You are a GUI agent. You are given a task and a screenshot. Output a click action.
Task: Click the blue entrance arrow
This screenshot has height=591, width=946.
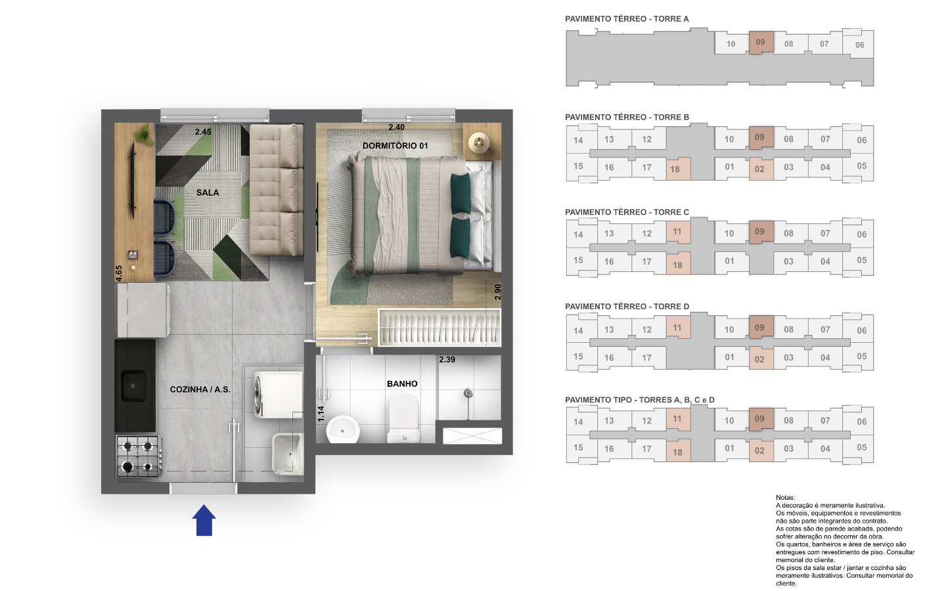(x=204, y=520)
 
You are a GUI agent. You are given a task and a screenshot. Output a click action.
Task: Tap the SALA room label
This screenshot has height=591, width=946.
(x=208, y=192)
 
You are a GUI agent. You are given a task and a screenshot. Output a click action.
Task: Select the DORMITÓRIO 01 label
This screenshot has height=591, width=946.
(x=395, y=146)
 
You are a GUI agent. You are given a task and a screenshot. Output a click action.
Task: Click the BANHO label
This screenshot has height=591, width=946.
(x=402, y=383)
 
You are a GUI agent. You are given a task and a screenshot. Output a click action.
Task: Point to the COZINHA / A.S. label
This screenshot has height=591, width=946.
(x=200, y=389)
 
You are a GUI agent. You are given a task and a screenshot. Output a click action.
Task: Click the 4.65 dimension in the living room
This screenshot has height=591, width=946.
(x=119, y=274)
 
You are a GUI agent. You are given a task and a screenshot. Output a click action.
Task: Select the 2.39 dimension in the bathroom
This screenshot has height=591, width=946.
(x=447, y=360)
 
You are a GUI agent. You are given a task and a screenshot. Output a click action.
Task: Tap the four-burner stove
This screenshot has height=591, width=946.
(x=138, y=456)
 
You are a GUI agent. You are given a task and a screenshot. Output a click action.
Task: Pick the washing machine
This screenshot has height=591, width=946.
(x=279, y=395)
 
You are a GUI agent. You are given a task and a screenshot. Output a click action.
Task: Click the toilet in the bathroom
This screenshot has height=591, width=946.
(x=404, y=418)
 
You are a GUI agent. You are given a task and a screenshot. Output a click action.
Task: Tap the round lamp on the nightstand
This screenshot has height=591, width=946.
(x=480, y=142)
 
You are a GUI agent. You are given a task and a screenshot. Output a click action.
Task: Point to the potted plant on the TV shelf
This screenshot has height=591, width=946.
(x=145, y=134)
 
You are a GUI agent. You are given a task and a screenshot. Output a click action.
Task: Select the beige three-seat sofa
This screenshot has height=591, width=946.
(x=277, y=190)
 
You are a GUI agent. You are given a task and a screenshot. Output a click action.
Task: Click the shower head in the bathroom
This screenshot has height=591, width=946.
(x=468, y=393)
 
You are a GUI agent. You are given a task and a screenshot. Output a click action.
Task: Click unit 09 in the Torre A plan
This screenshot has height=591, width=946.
(x=761, y=42)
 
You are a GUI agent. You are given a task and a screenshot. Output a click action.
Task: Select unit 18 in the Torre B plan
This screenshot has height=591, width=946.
(x=678, y=169)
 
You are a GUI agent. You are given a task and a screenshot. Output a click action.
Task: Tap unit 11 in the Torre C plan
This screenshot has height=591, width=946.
(x=678, y=232)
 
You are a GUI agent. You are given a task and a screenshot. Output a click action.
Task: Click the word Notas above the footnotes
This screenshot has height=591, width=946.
(x=785, y=498)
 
